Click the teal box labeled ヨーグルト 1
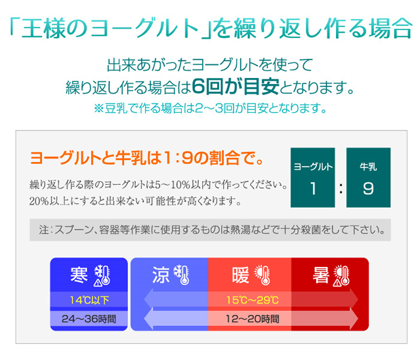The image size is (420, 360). tap(312, 178)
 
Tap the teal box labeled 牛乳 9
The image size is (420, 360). tap(368, 178)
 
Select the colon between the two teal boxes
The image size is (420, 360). tap(341, 188)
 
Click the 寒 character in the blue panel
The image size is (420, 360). tap(79, 275)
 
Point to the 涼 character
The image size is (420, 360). tap(161, 275)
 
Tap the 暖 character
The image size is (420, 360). tap(241, 275)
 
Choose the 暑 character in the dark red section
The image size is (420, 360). tap(321, 275)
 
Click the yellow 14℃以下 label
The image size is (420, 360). tap(89, 300)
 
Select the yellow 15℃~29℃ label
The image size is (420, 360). tap(253, 300)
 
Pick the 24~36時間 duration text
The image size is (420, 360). tap(89, 319)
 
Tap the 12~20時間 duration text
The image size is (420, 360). tap(253, 319)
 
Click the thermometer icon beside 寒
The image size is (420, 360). tap(102, 275)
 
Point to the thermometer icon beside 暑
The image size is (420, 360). tap(341, 275)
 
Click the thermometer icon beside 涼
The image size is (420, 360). tap(182, 275)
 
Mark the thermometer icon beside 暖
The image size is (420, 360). tap(262, 275)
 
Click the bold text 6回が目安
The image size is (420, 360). tap(236, 87)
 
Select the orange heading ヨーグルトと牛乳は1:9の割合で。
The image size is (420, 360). tap(147, 158)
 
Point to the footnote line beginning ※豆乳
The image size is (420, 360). tap(210, 108)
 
